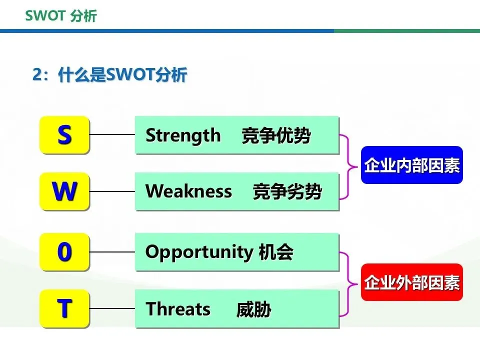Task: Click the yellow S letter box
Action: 64,134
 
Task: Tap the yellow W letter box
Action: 64,191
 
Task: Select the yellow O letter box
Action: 64,251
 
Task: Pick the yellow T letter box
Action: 64,308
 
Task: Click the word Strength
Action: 183,135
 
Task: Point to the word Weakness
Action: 188,191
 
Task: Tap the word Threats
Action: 178,308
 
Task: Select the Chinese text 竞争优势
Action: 276,135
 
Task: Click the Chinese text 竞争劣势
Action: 287,191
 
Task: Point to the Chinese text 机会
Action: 276,252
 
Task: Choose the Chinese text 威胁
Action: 254,309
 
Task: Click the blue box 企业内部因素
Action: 411,165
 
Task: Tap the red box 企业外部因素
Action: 411,282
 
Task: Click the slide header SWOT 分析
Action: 61,16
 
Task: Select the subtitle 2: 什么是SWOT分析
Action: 109,74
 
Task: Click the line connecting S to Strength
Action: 112,134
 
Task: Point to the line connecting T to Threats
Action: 112,308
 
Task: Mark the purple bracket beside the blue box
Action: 348,167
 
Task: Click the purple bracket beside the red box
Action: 348,284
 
